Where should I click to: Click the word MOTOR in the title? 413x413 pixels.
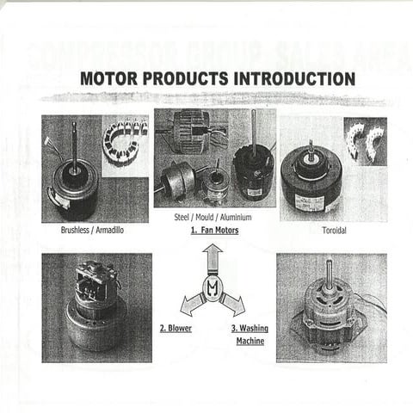(110, 78)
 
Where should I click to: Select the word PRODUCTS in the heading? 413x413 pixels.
(185, 78)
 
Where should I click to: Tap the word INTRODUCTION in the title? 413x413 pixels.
(293, 78)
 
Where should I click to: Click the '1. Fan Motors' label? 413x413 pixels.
(214, 231)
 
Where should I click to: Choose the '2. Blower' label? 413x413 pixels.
(176, 328)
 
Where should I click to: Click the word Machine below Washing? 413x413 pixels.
(250, 342)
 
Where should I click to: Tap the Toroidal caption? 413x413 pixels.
(334, 231)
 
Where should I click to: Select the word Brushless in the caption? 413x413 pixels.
(77, 231)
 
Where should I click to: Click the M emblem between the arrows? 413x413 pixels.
(212, 287)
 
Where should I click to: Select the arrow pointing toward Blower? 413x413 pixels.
(190, 304)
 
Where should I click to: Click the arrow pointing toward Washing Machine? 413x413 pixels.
(234, 304)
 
